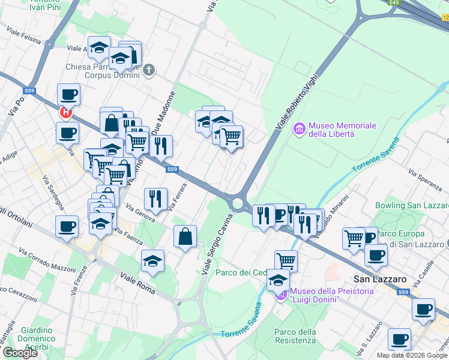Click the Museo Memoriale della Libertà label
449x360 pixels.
click(342, 130)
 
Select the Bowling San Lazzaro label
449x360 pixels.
click(412, 205)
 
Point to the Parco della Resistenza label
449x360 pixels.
click(295, 336)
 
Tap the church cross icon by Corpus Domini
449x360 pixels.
click(149, 71)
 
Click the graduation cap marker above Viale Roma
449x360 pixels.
click(152, 260)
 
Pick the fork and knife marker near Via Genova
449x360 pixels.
click(155, 199)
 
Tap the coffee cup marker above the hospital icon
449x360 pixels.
click(68, 95)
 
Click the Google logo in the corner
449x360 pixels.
click(20, 353)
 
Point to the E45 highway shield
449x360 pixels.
click(394, 3)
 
